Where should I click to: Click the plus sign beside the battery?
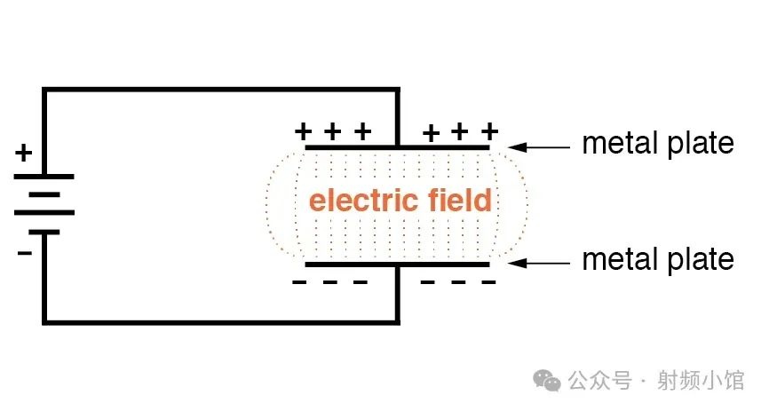[x=24, y=153]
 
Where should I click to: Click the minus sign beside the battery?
[x=25, y=253]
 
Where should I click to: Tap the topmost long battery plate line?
[x=44, y=177]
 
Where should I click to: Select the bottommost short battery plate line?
[x=44, y=232]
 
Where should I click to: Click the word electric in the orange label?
[x=363, y=200]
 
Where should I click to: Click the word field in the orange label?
[x=460, y=200]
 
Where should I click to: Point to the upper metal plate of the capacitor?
[x=397, y=147]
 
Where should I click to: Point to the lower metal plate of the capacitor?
[x=397, y=265]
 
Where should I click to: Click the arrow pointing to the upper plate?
[x=538, y=146]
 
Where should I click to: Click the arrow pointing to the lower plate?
[x=538, y=264]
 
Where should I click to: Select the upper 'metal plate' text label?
[x=658, y=144]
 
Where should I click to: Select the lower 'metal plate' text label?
[x=658, y=260]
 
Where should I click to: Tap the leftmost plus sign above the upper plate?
[x=303, y=131]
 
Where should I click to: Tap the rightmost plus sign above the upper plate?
[x=489, y=131]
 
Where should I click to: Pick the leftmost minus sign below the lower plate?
[x=299, y=282]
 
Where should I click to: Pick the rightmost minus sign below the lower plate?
[x=488, y=282]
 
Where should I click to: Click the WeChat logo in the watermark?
[x=547, y=381]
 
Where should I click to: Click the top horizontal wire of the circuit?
[x=221, y=91]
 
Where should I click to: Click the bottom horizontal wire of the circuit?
[x=221, y=322]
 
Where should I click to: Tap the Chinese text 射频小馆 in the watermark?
[x=701, y=381]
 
